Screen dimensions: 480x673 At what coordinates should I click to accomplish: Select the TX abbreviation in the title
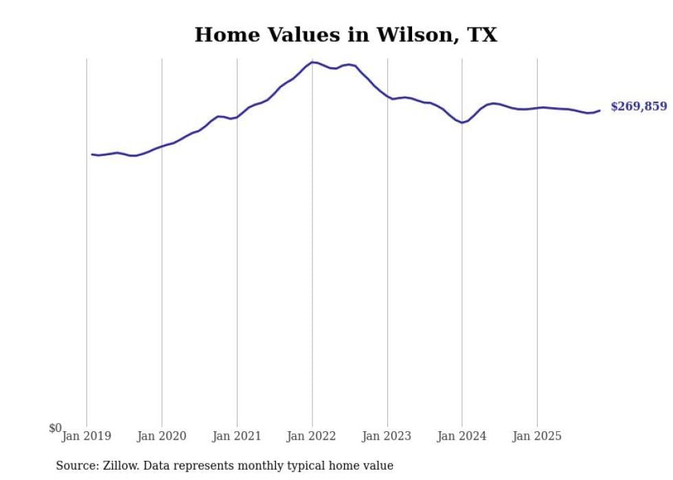point(483,35)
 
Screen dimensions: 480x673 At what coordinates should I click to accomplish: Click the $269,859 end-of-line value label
point(638,106)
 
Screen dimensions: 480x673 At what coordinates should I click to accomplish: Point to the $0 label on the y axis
point(55,428)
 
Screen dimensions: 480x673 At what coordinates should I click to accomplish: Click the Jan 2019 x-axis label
point(87,436)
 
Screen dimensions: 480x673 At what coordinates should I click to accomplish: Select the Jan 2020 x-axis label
point(161,436)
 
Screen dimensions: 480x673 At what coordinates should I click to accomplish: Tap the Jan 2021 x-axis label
point(237,436)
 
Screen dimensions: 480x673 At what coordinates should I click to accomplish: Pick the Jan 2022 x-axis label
point(312,436)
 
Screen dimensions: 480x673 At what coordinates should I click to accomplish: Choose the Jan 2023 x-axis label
point(387,436)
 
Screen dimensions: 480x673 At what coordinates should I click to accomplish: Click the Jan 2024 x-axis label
point(462,436)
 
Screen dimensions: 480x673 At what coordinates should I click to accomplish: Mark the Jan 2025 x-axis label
point(537,436)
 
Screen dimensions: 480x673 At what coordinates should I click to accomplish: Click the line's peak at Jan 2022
point(312,62)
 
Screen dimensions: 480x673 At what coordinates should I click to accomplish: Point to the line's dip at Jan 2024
point(462,123)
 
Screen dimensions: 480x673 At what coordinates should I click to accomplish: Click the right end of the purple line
point(600,110)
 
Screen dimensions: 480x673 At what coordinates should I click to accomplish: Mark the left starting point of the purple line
point(91,154)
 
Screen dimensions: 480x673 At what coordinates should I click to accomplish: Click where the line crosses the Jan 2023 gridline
point(387,97)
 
